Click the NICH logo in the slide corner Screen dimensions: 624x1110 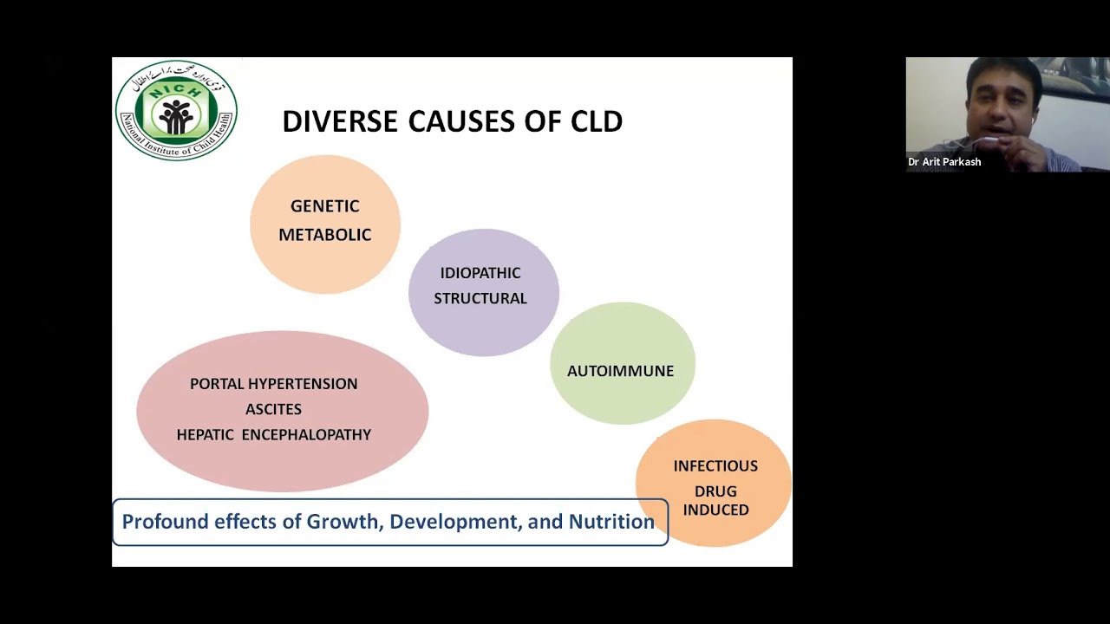(176, 110)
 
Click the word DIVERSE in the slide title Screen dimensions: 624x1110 (340, 122)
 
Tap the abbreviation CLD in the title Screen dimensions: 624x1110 (597, 122)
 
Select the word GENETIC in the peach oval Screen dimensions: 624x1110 (324, 206)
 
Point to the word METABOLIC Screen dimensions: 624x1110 (324, 235)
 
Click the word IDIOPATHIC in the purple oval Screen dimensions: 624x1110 (480, 273)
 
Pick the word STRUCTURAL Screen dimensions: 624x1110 (480, 298)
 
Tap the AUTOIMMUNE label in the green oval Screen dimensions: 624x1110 (620, 371)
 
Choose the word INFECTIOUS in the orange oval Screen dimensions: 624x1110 (715, 466)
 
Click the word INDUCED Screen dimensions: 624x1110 (715, 510)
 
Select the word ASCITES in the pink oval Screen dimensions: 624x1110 (273, 409)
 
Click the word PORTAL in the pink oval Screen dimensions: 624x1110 (217, 384)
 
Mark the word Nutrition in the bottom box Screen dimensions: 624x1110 (611, 522)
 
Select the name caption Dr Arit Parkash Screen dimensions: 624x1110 (944, 162)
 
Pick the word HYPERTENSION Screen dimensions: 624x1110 (303, 384)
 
